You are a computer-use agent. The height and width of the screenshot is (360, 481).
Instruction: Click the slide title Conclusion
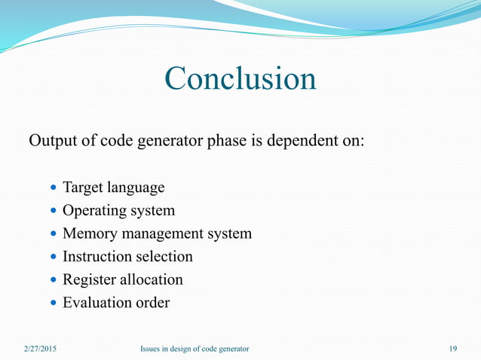[x=240, y=79]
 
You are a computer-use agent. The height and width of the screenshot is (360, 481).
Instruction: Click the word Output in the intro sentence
[x=53, y=141]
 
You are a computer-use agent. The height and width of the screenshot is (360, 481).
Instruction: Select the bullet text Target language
[x=113, y=187]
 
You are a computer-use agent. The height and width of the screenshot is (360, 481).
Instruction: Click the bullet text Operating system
[x=118, y=210]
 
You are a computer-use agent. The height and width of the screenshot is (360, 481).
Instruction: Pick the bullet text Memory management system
[x=157, y=233]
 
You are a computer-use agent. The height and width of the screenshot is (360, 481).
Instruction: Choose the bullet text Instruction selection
[x=127, y=257]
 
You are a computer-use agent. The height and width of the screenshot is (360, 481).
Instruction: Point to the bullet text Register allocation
[x=122, y=279]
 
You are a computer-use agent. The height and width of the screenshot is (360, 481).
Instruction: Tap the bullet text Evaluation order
[x=115, y=303]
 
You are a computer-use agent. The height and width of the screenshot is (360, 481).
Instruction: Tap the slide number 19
[x=452, y=348]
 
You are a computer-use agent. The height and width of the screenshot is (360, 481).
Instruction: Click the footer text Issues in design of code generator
[x=195, y=348]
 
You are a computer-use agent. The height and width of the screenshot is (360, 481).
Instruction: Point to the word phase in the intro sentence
[x=227, y=141]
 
